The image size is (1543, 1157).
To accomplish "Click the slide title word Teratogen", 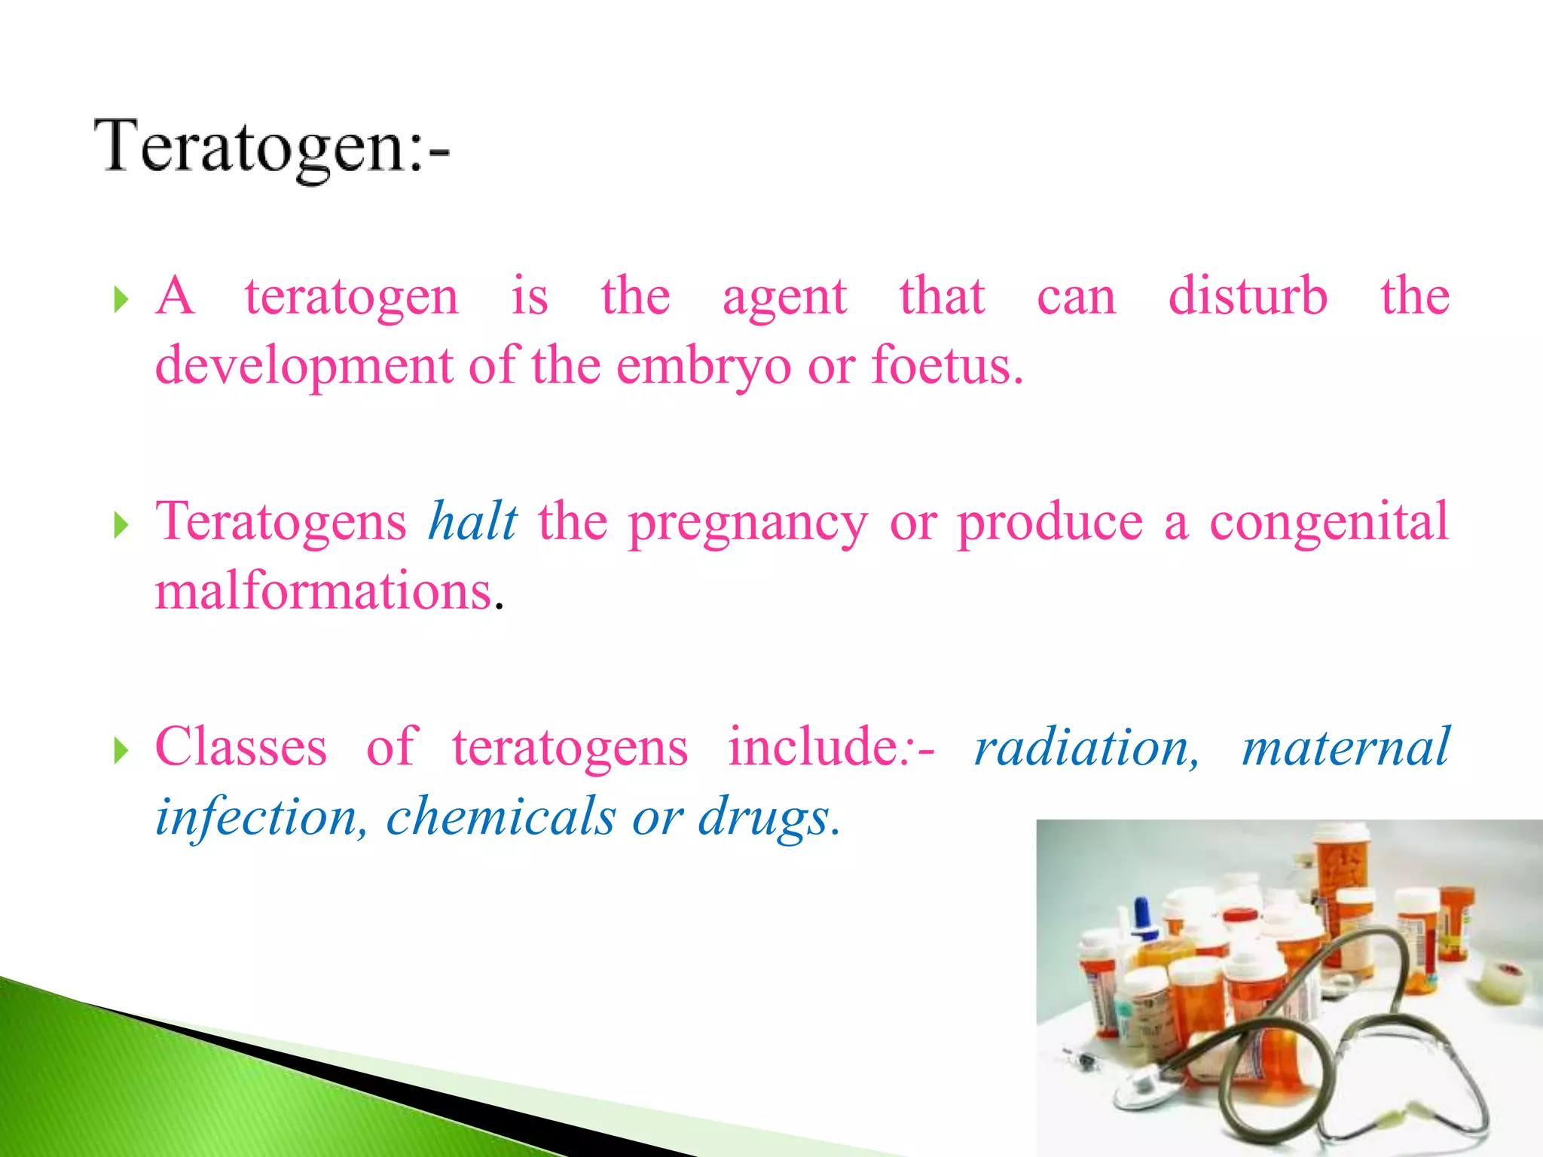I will pyautogui.click(x=256, y=148).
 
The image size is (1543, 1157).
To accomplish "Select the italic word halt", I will pyautogui.click(x=473, y=521).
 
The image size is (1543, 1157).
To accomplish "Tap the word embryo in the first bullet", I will pyautogui.click(x=704, y=366).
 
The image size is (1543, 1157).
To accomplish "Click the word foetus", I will pyautogui.click(x=946, y=366).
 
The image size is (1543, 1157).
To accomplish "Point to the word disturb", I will pyautogui.click(x=1248, y=295).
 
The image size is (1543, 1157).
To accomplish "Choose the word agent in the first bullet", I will pyautogui.click(x=784, y=297).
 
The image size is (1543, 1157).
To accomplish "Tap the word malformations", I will pyautogui.click(x=324, y=591).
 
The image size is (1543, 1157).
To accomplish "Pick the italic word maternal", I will pyautogui.click(x=1346, y=747).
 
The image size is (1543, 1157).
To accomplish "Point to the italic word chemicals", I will pyautogui.click(x=501, y=817).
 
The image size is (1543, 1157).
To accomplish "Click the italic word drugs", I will pyautogui.click(x=764, y=818).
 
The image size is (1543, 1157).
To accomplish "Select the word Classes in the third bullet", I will pyautogui.click(x=241, y=747).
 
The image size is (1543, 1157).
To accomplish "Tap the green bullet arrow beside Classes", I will pyautogui.click(x=121, y=750).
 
